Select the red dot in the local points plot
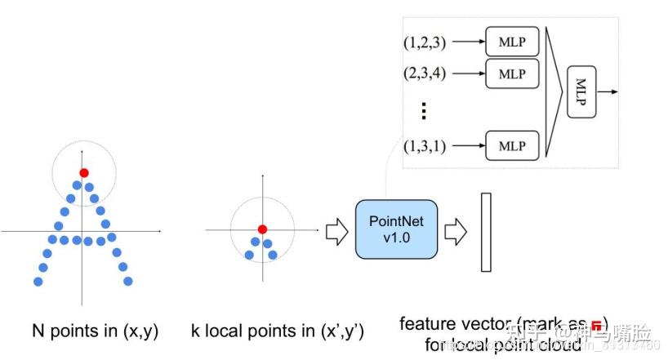(262, 229)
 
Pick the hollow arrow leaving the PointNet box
(454, 233)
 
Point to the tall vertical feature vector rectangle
(487, 232)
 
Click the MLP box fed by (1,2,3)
(512, 39)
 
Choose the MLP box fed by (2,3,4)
(512, 73)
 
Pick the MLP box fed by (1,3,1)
(512, 145)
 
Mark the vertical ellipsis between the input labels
(424, 109)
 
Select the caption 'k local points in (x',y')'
(277, 331)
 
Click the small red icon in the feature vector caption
(597, 324)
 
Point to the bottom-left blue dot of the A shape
(38, 282)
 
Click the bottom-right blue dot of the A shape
(127, 282)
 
